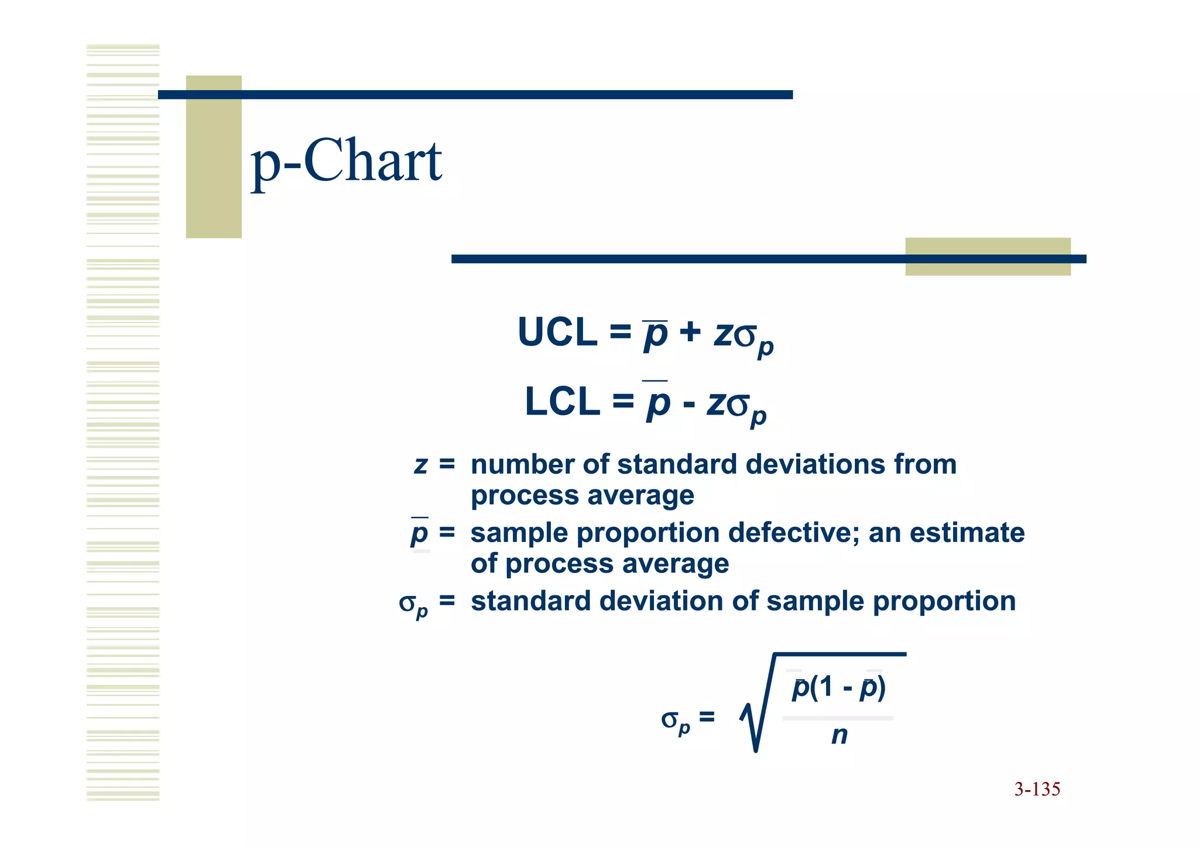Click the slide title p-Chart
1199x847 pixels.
pos(346,162)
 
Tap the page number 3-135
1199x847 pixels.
pos(1037,789)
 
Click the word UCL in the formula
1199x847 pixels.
pos(557,332)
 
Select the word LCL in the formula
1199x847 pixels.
pos(562,402)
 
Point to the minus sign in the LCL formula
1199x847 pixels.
pos(689,404)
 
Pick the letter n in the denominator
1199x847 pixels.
pos(839,735)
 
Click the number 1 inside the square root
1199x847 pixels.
pos(825,687)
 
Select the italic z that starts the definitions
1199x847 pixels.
pos(420,465)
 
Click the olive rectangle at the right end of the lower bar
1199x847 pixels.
pos(988,256)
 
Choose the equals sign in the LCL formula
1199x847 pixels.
pos(623,402)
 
